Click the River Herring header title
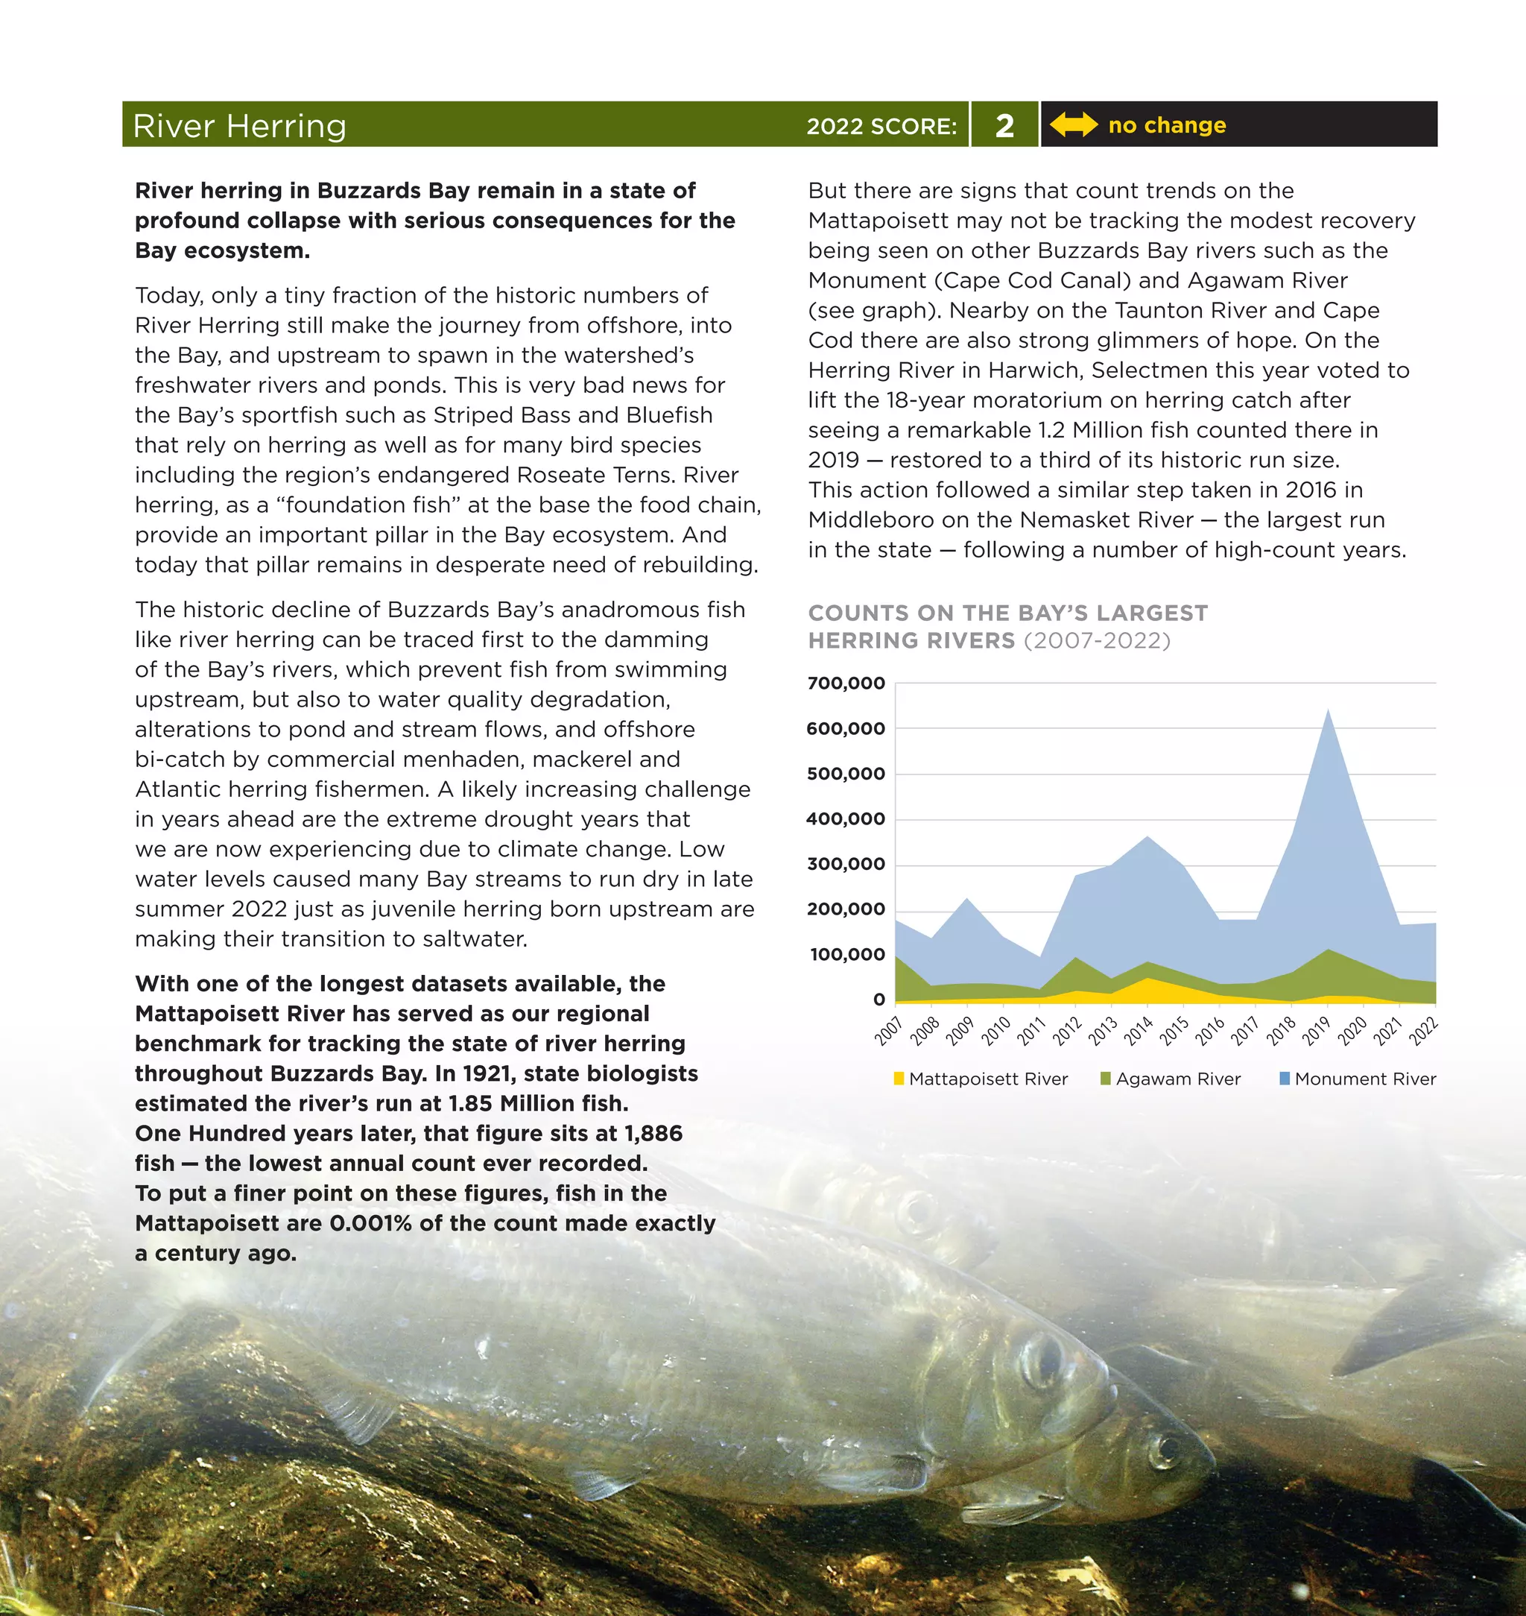click(239, 126)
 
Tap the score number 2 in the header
click(1004, 125)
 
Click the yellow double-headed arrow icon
click(1074, 124)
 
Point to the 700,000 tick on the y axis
click(846, 684)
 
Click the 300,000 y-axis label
click(846, 864)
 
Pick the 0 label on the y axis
click(878, 1000)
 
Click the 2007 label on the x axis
click(888, 1031)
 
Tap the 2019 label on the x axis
click(1315, 1031)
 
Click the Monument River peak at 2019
click(1329, 713)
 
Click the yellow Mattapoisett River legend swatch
click(899, 1079)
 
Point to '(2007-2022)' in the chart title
click(1097, 641)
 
